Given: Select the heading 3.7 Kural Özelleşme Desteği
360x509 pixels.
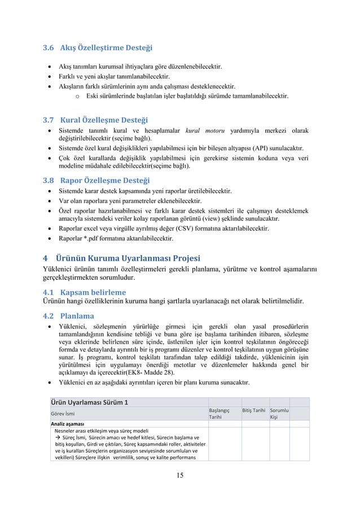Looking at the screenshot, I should click(x=95, y=120).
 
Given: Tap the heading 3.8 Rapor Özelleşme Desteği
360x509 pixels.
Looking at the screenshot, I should click(x=96, y=181).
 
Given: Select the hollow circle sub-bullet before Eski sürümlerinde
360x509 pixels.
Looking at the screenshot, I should click(x=77, y=96).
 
